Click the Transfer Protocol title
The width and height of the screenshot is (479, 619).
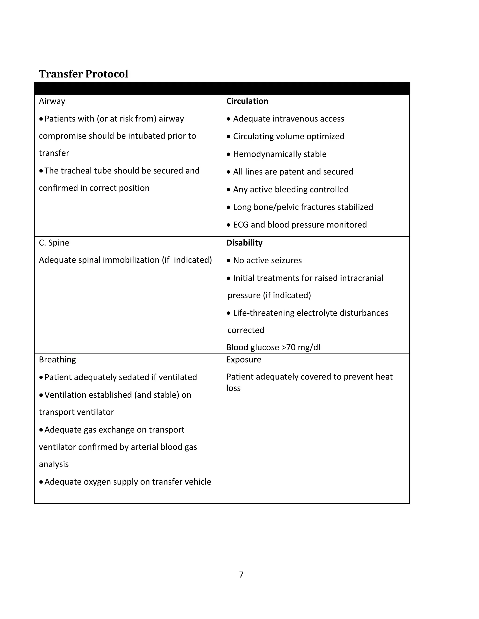pyautogui.click(x=83, y=74)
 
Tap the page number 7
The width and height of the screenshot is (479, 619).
pyautogui.click(x=241, y=575)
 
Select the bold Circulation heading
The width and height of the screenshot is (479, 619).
pyautogui.click(x=247, y=101)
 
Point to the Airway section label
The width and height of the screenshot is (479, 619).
pyautogui.click(x=52, y=101)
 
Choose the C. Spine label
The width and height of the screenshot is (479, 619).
pyautogui.click(x=54, y=243)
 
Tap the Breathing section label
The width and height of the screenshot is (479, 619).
pyautogui.click(x=57, y=360)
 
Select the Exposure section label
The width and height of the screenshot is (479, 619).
pyautogui.click(x=243, y=360)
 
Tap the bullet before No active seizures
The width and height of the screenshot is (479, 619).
pyautogui.click(x=229, y=261)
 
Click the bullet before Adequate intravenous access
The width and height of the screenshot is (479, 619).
pyautogui.click(x=229, y=119)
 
